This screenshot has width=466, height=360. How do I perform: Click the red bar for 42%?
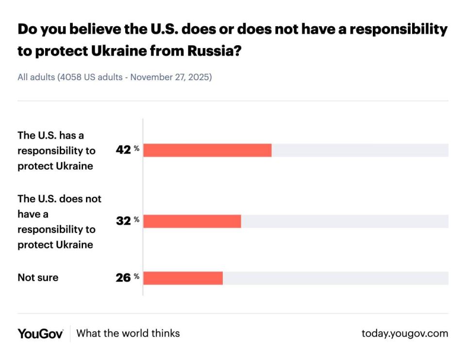coord(207,151)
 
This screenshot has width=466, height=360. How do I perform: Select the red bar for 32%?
coord(192,221)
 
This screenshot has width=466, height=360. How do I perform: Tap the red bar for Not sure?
coord(183,278)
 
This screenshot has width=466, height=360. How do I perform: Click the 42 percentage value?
coord(124,150)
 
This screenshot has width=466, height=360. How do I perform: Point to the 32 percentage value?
coord(124,221)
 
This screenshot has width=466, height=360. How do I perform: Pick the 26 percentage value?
coord(124,278)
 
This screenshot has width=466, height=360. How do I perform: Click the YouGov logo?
coord(40,333)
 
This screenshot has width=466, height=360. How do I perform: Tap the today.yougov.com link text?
coord(405,333)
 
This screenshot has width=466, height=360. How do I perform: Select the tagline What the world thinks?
coord(128,333)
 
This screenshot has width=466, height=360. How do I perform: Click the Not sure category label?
coord(38,278)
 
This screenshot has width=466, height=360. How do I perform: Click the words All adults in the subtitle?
coord(36,77)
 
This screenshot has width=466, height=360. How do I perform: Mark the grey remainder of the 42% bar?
coord(360,151)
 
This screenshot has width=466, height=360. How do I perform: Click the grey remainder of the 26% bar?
coord(335,278)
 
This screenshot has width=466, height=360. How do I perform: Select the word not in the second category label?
coord(93,199)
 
